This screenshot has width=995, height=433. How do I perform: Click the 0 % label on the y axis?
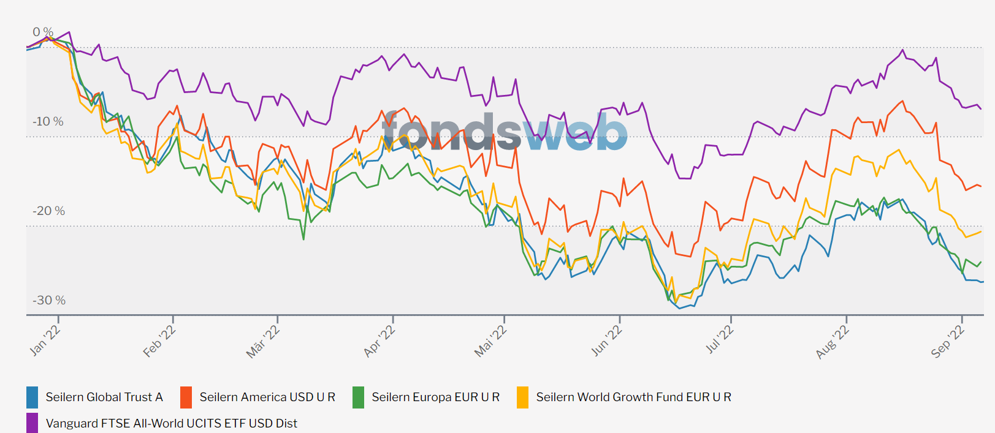[43, 32]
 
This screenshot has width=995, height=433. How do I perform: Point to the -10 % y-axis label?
[48, 121]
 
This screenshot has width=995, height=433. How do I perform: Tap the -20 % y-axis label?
[48, 211]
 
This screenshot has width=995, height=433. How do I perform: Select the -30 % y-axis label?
[48, 300]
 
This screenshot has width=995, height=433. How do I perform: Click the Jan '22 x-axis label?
[45, 341]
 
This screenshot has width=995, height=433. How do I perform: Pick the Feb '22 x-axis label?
[159, 341]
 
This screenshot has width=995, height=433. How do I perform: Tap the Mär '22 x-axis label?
[263, 342]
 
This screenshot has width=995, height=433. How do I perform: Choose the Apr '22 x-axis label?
[379, 341]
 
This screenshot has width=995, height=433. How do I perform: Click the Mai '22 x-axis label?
[490, 341]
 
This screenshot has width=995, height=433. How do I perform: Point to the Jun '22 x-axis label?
[606, 341]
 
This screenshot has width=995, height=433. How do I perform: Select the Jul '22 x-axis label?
[719, 340]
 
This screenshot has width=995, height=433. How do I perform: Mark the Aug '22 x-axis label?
[833, 342]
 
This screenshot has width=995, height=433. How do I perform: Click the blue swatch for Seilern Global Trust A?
[32, 397]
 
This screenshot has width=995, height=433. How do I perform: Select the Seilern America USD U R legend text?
[267, 397]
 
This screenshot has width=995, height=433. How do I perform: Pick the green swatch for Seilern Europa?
[359, 397]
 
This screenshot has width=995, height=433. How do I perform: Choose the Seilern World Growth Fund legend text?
[633, 397]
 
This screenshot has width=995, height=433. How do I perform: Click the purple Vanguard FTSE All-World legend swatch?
[32, 423]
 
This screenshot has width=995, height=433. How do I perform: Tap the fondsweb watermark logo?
[505, 131]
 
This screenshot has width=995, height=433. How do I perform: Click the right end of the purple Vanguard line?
[981, 109]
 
